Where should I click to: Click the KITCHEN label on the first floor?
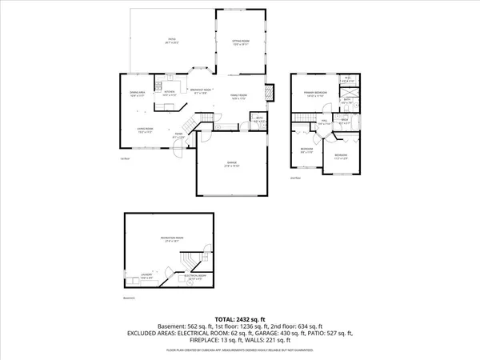(170, 93)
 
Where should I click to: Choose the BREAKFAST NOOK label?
(200, 90)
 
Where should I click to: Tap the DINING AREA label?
(137, 93)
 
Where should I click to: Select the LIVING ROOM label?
(146, 131)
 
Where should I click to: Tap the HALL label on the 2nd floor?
(324, 123)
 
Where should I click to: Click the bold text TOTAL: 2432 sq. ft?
(240, 318)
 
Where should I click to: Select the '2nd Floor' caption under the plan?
(295, 178)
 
